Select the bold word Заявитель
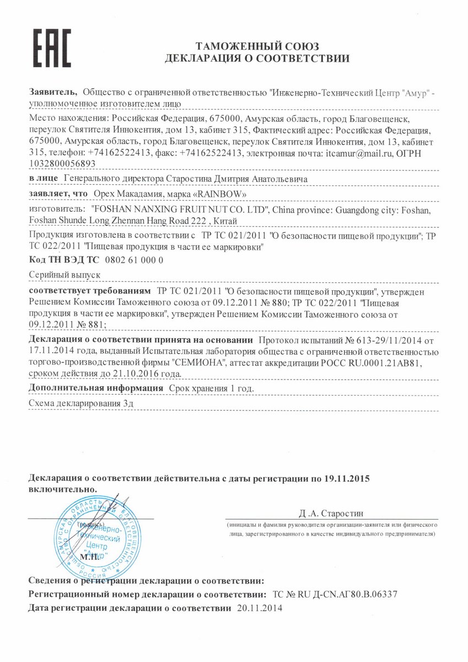pos(52,93)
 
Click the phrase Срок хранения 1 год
pos(211,388)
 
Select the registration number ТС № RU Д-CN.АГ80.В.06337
pos(335,595)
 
